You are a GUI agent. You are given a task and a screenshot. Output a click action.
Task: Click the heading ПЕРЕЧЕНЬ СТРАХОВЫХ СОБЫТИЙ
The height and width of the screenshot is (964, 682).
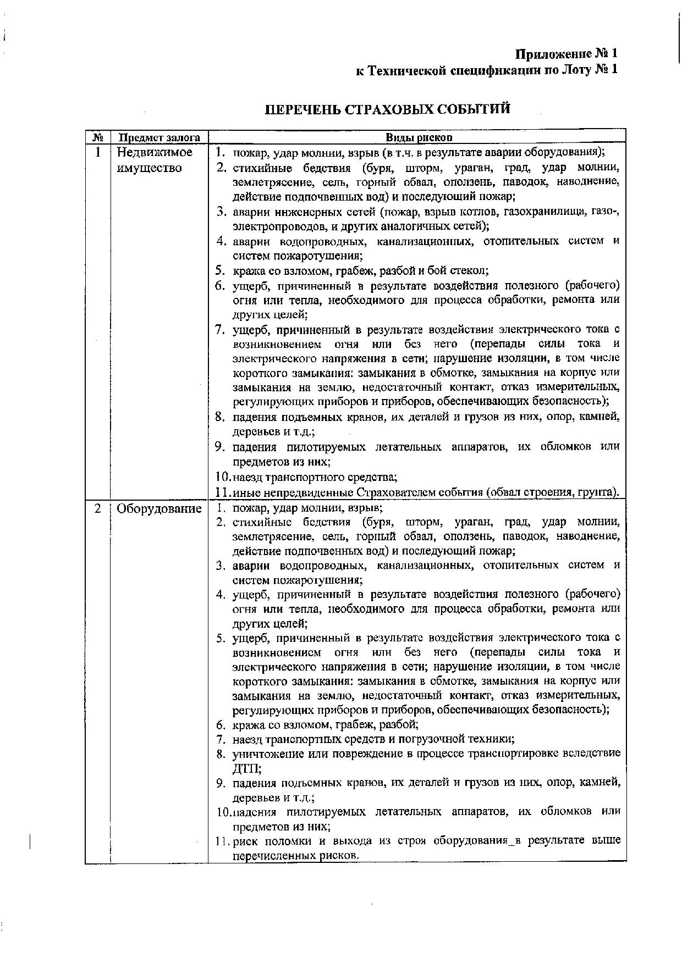click(388, 108)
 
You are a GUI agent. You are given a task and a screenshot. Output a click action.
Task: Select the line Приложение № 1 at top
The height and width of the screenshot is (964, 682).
click(566, 53)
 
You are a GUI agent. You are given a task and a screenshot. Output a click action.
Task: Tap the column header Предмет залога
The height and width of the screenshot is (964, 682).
click(159, 137)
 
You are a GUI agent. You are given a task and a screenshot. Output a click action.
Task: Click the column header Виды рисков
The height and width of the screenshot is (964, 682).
click(419, 137)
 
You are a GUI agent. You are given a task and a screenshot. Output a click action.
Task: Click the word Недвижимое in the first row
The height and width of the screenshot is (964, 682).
click(155, 152)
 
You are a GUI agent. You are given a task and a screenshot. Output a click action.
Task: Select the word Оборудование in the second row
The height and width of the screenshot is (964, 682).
click(159, 508)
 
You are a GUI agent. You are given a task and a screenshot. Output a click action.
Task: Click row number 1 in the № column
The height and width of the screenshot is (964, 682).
click(98, 152)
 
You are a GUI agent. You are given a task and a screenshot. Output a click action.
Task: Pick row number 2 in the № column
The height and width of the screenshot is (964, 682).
click(98, 508)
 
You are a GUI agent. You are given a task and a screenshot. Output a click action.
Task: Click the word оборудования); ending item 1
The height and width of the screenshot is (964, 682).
click(564, 152)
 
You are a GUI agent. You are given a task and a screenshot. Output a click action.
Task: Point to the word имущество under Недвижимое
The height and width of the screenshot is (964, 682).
click(149, 168)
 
